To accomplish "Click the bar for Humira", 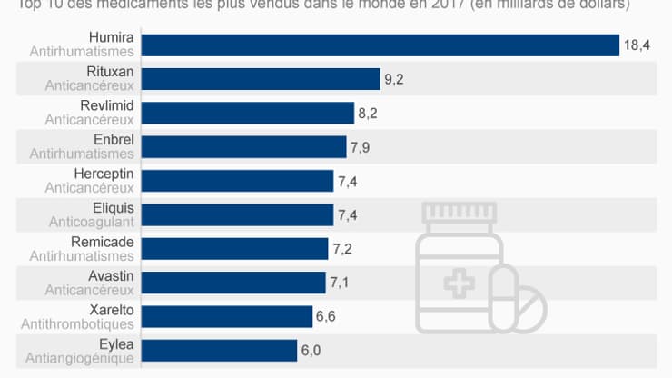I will pyautogui.click(x=381, y=45).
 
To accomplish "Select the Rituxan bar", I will pyautogui.click(x=262, y=79).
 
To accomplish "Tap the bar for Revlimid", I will pyautogui.click(x=249, y=113).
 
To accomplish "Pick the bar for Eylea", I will pyautogui.click(x=221, y=351).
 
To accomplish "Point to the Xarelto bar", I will pyautogui.click(x=228, y=316).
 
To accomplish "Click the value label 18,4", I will pyautogui.click(x=635, y=45).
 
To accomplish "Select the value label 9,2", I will pyautogui.click(x=394, y=79).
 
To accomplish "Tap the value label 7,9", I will pyautogui.click(x=361, y=147).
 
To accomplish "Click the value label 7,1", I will pyautogui.click(x=340, y=283).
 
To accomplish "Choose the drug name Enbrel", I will pyautogui.click(x=114, y=140).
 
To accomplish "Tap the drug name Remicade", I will pyautogui.click(x=103, y=242).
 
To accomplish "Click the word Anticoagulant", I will pyautogui.click(x=90, y=222).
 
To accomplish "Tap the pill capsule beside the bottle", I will pyautogui.click(x=519, y=305).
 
